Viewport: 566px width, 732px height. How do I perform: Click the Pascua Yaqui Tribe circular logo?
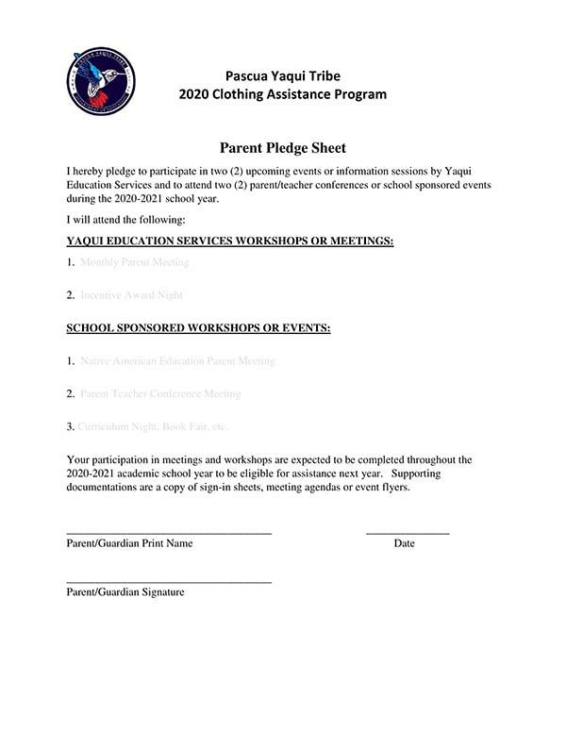pyautogui.click(x=101, y=82)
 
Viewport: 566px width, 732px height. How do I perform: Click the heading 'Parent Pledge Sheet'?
pyautogui.click(x=282, y=147)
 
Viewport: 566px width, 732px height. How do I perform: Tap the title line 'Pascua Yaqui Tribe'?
pyautogui.click(x=282, y=75)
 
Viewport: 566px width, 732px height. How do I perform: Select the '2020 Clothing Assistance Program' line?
pyautogui.click(x=282, y=94)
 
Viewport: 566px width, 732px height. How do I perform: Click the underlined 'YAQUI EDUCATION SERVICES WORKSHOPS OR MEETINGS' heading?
pyautogui.click(x=229, y=241)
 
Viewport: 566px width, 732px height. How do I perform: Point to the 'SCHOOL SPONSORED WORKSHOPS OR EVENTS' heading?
pyautogui.click(x=198, y=328)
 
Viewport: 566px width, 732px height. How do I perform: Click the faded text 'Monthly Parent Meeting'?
pyautogui.click(x=135, y=262)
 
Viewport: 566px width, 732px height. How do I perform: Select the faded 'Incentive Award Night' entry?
pyautogui.click(x=131, y=295)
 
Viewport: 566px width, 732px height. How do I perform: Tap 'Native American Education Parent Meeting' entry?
pyautogui.click(x=177, y=361)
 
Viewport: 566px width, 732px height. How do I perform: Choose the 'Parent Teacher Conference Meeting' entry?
pyautogui.click(x=160, y=394)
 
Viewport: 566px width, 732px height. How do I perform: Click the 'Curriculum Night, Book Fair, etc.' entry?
pyautogui.click(x=153, y=427)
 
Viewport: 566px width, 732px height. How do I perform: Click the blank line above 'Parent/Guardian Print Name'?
pyautogui.click(x=169, y=534)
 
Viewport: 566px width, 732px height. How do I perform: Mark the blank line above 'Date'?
pyautogui.click(x=408, y=534)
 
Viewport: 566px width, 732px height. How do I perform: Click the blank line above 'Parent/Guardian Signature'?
pyautogui.click(x=169, y=582)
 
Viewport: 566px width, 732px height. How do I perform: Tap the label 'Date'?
pyautogui.click(x=405, y=544)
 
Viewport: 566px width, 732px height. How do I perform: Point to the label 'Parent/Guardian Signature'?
pyautogui.click(x=125, y=592)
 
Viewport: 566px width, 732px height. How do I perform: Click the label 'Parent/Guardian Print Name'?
pyautogui.click(x=129, y=544)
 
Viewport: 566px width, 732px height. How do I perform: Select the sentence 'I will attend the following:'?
pyautogui.click(x=125, y=220)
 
